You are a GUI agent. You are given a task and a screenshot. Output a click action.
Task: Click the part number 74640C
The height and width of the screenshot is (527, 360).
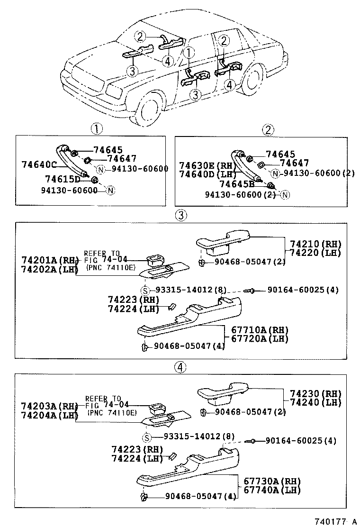click(x=39, y=164)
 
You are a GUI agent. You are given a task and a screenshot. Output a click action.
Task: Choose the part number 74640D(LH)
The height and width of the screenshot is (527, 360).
click(x=204, y=174)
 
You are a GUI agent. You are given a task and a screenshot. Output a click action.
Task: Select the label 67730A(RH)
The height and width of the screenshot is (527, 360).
click(x=272, y=481)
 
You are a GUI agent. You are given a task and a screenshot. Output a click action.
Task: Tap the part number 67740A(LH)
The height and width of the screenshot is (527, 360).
click(x=272, y=490)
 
